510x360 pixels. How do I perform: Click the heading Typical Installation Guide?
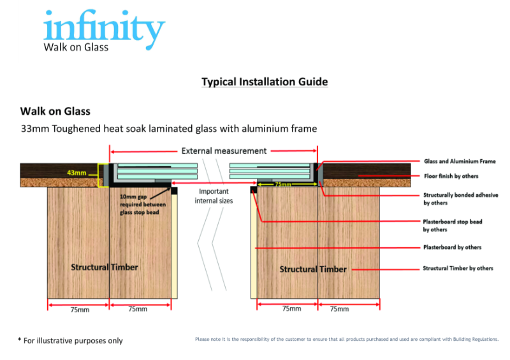tap(265, 82)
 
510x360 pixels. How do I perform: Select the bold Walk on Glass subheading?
tap(55, 112)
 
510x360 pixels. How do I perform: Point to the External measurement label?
tap(215, 151)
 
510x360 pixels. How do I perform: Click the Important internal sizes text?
tap(214, 196)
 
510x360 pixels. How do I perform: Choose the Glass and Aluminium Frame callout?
tap(460, 161)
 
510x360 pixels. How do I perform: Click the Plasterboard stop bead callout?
tap(453, 226)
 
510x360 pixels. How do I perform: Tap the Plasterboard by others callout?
tap(452, 247)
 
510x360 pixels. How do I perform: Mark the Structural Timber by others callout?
tap(458, 268)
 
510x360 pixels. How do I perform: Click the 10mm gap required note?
tap(143, 205)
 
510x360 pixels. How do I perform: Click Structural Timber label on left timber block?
tap(104, 267)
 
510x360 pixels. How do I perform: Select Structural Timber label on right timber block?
tap(313, 269)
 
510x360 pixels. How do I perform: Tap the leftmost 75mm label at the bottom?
tap(78, 309)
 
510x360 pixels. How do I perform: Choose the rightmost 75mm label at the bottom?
tap(339, 309)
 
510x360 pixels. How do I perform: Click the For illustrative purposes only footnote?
tap(70, 340)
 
